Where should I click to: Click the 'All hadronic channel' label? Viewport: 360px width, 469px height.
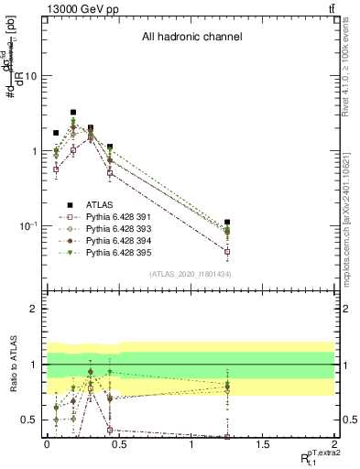(191, 38)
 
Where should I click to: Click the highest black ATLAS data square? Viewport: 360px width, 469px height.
(72, 113)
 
